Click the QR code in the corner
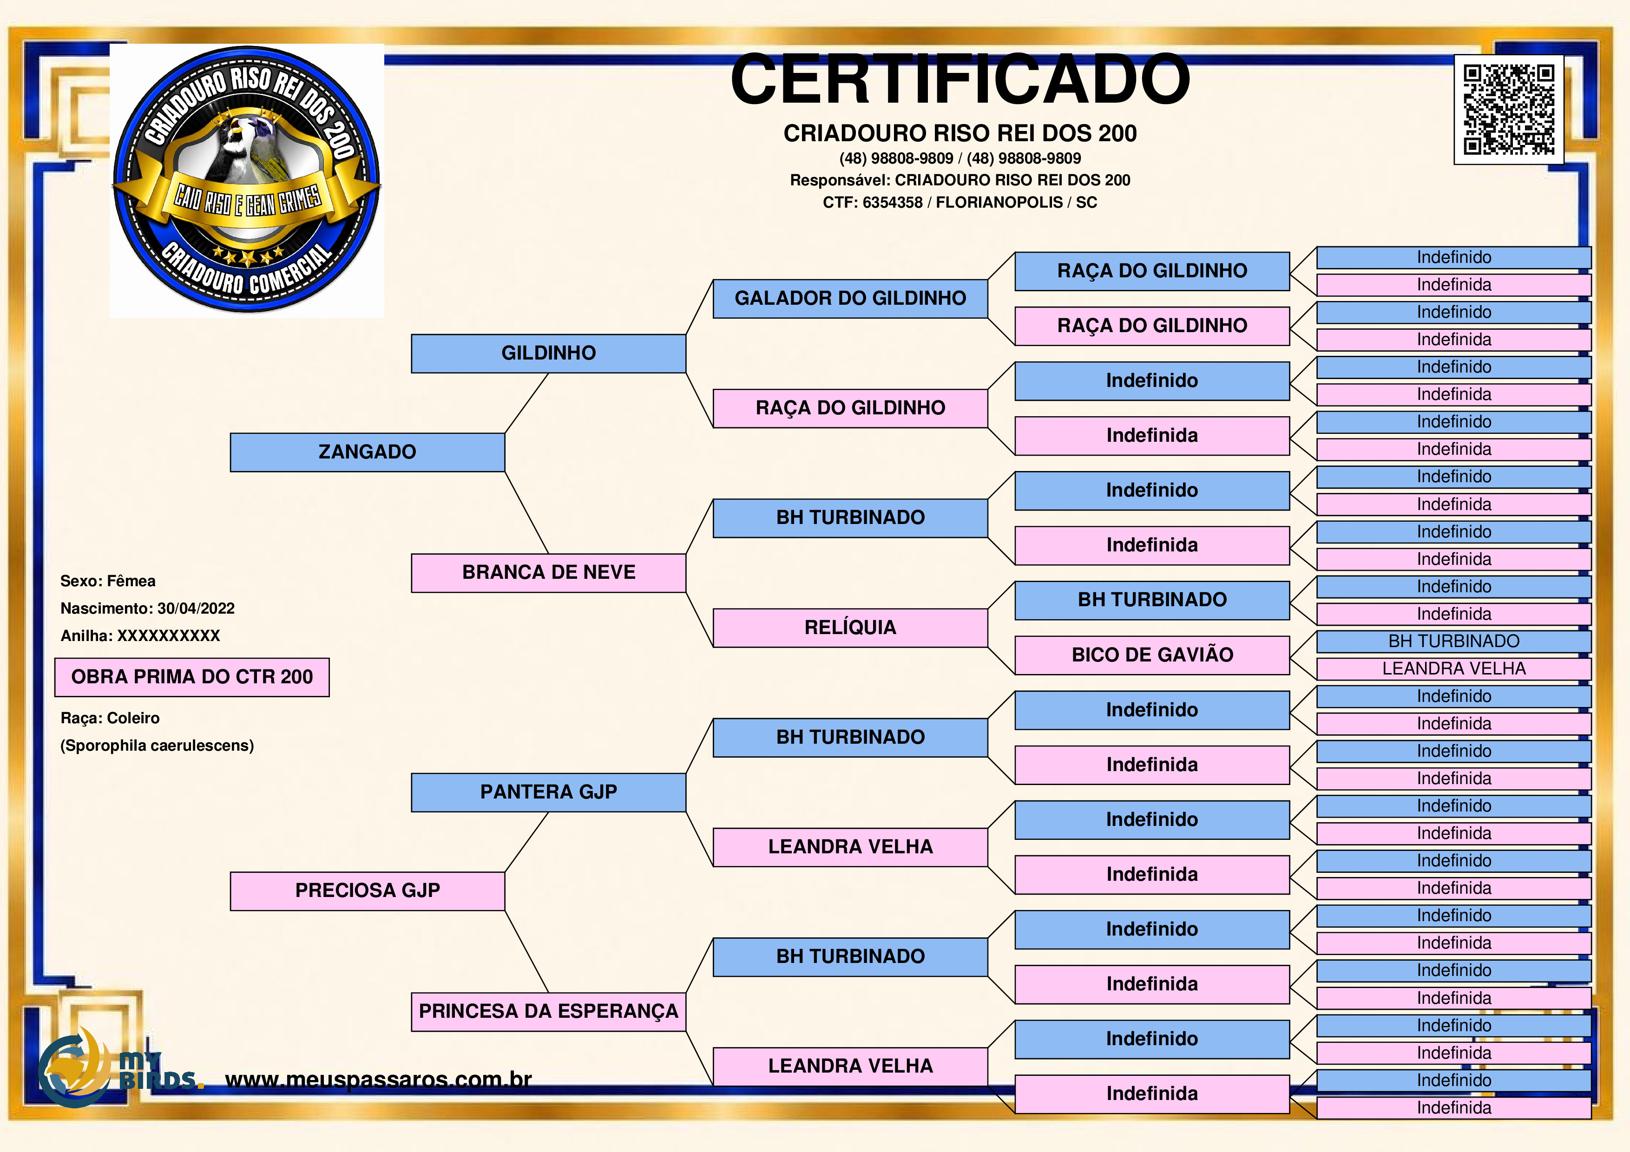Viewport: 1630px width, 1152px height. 1509,110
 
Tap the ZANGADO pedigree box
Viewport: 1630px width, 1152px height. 367,452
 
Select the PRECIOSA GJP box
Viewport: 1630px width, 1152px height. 367,891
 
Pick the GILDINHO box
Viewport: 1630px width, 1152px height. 548,353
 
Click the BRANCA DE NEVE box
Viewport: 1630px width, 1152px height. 548,573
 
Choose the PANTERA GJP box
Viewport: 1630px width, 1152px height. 548,792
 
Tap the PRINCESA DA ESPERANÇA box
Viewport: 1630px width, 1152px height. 548,1011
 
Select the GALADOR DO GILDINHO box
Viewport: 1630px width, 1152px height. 850,299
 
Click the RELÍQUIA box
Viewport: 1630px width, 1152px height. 850,628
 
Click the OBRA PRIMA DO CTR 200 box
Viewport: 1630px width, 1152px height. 192,677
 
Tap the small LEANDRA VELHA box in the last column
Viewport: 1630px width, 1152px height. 1454,668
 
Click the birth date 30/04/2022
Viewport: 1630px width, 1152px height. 196,609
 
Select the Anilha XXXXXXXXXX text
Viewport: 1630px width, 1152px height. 141,636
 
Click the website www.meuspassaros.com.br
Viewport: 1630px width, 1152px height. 378,1080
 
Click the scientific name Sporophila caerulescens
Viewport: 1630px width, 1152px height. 157,746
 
